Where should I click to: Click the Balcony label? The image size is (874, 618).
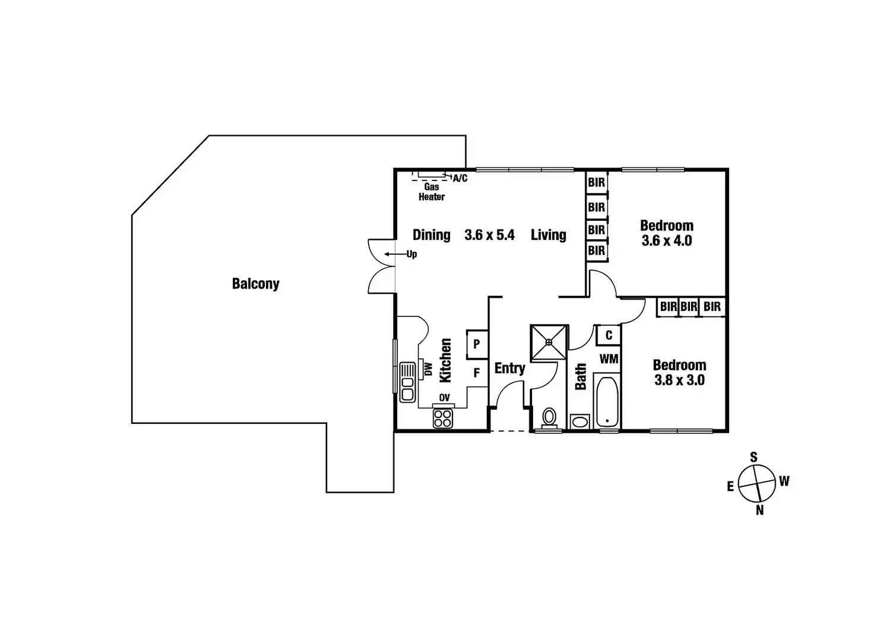click(x=255, y=284)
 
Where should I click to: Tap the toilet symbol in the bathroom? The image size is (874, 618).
click(x=549, y=417)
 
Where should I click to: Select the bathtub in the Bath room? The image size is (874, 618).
click(x=606, y=401)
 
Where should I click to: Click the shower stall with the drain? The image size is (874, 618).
click(x=549, y=342)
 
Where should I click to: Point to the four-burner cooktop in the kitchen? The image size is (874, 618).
click(x=442, y=419)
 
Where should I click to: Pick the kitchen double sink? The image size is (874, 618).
click(x=407, y=382)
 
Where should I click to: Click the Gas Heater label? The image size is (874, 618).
click(x=432, y=192)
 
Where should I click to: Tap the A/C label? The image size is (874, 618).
click(x=460, y=178)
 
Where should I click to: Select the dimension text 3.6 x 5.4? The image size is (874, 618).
click(x=489, y=235)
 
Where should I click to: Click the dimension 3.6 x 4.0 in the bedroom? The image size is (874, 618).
click(x=667, y=241)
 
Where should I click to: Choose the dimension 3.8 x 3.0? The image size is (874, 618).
click(x=679, y=381)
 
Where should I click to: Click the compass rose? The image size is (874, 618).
click(x=757, y=483)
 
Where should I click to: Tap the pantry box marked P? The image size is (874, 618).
click(x=477, y=344)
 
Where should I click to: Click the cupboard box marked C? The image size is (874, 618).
click(x=609, y=335)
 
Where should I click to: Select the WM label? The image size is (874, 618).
click(x=609, y=359)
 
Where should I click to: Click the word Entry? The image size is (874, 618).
click(x=509, y=369)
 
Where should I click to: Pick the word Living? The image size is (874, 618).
click(x=548, y=235)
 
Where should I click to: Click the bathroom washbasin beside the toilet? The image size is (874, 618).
click(x=579, y=422)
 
